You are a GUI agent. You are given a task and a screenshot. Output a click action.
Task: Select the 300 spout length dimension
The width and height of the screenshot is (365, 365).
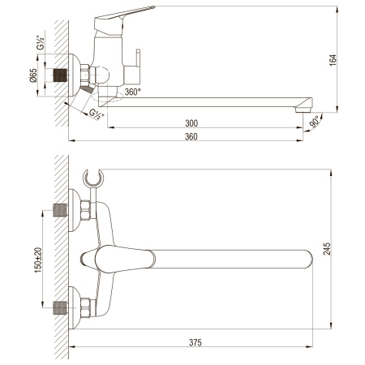coord(191,123)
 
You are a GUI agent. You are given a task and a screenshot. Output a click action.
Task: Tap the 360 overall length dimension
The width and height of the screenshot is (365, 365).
coord(191,136)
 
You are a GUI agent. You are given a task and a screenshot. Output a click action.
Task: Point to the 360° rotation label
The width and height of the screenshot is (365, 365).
coord(133,92)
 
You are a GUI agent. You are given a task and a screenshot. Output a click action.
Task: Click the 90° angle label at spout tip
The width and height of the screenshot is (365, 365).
coord(316,122)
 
